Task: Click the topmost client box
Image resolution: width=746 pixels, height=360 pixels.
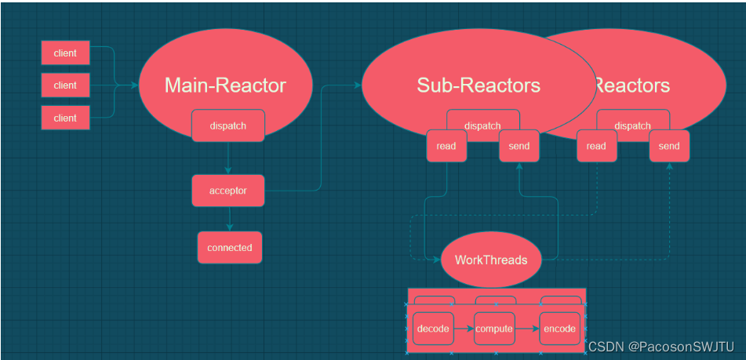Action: click(65, 53)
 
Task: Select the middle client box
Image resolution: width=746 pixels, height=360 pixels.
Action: click(65, 85)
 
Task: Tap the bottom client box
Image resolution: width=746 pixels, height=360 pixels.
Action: click(65, 118)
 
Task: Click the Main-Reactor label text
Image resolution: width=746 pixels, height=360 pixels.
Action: click(225, 85)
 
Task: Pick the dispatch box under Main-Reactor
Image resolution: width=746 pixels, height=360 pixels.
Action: click(228, 125)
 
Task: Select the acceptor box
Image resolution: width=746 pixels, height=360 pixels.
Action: click(228, 191)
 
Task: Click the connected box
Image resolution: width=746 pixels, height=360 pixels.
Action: click(229, 247)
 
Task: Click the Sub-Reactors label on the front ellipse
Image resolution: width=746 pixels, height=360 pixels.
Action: click(479, 85)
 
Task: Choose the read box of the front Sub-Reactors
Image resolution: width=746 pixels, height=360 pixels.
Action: click(446, 146)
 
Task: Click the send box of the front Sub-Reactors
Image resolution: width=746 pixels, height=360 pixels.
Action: click(519, 146)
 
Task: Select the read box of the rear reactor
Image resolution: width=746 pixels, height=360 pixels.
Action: click(596, 146)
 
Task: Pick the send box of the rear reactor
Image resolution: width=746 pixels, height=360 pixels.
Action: click(669, 146)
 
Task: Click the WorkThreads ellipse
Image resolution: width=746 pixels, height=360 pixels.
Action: click(491, 260)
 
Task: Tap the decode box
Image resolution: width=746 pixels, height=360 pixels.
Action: click(433, 329)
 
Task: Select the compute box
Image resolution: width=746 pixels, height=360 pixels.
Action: click(494, 329)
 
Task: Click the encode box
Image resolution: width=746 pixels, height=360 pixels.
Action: click(559, 329)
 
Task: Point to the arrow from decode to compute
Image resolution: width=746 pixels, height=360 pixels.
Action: click(464, 329)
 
